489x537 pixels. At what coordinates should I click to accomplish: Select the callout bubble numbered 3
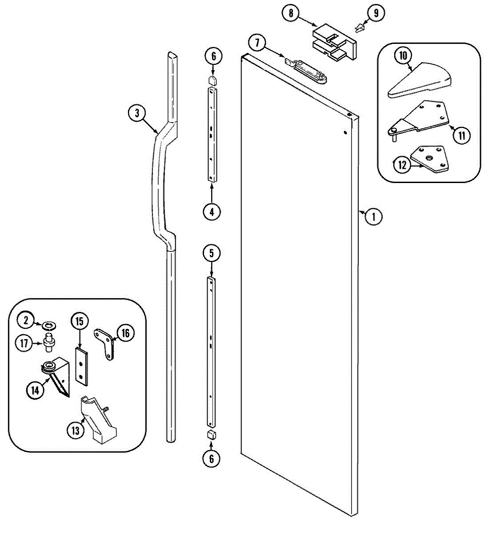point(137,113)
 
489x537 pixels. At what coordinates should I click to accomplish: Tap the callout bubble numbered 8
point(291,13)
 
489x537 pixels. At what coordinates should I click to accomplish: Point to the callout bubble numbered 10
point(403,56)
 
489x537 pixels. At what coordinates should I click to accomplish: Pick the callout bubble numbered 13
point(75,430)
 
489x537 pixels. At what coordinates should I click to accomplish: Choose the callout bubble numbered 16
point(126,333)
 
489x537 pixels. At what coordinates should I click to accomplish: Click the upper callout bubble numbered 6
point(213,56)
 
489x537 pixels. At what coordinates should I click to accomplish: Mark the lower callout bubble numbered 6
point(212,458)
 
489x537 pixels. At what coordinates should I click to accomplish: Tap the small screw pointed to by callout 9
point(359,29)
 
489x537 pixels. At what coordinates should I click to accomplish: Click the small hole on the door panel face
point(345,132)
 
